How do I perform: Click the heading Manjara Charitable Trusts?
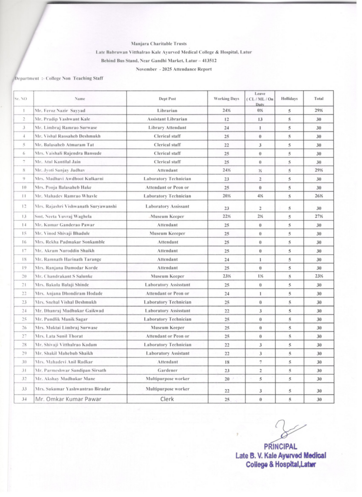[x=158, y=44]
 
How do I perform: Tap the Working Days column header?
[x=226, y=99]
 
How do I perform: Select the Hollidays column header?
[x=289, y=99]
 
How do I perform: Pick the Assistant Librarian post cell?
[x=167, y=119]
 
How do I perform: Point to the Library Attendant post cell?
[x=167, y=128]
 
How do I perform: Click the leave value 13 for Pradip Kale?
[x=260, y=119]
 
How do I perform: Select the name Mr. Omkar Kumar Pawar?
[x=68, y=399]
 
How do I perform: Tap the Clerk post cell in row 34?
[x=167, y=399]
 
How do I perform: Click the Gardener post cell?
[x=167, y=370]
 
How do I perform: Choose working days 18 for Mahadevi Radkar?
[x=226, y=362]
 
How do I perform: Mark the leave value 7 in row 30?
[x=260, y=362]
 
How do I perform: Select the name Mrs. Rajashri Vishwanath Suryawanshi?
[x=75, y=206]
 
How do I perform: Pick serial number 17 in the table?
[x=23, y=250]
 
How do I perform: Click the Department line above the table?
[x=58, y=78]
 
